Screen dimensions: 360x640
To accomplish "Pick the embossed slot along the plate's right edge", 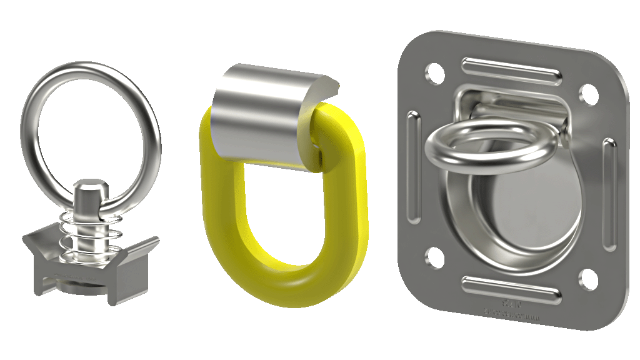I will tap(608, 194).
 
